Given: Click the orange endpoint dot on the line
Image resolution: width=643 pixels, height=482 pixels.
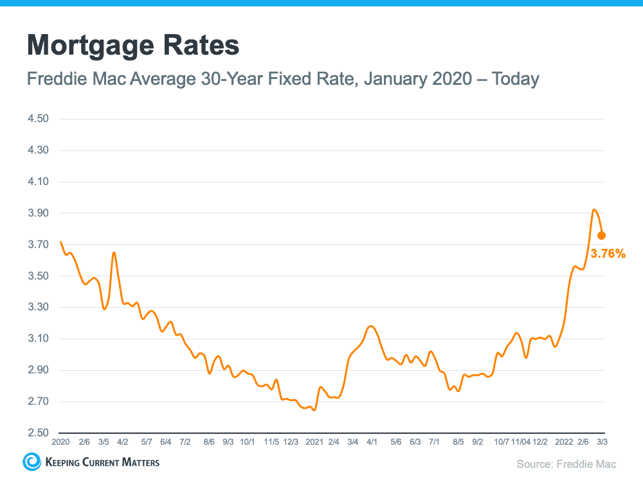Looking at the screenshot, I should (601, 235).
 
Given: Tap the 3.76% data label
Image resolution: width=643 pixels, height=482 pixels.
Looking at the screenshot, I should (608, 254).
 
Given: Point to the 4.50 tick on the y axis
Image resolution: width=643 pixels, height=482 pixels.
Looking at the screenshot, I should (39, 119).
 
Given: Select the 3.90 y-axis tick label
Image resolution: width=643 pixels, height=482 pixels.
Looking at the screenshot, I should (39, 213).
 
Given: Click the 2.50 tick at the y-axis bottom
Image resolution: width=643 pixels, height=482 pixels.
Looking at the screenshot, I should (39, 433).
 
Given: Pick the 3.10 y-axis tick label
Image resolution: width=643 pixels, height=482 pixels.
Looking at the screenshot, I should (39, 339).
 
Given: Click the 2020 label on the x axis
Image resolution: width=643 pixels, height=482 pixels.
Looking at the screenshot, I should (60, 442).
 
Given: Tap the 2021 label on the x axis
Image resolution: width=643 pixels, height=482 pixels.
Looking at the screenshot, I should (314, 442).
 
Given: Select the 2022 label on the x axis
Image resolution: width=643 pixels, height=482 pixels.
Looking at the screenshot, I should (564, 442).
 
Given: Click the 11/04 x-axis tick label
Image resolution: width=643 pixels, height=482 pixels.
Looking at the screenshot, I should (521, 442).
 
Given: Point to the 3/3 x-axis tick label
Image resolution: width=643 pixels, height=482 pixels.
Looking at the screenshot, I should (602, 442).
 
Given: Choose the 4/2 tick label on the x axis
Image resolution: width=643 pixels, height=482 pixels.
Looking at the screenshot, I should (122, 442).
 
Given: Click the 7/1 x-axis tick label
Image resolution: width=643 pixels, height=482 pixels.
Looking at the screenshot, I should (434, 442).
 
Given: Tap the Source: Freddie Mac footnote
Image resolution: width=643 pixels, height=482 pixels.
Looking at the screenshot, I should (566, 463).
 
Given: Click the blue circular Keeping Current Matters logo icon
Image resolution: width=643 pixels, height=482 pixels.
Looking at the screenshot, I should (31, 461).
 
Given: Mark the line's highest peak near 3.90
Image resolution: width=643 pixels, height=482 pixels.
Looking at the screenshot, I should (594, 210).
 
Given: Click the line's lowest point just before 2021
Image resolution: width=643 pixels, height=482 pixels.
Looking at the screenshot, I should (314, 410).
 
